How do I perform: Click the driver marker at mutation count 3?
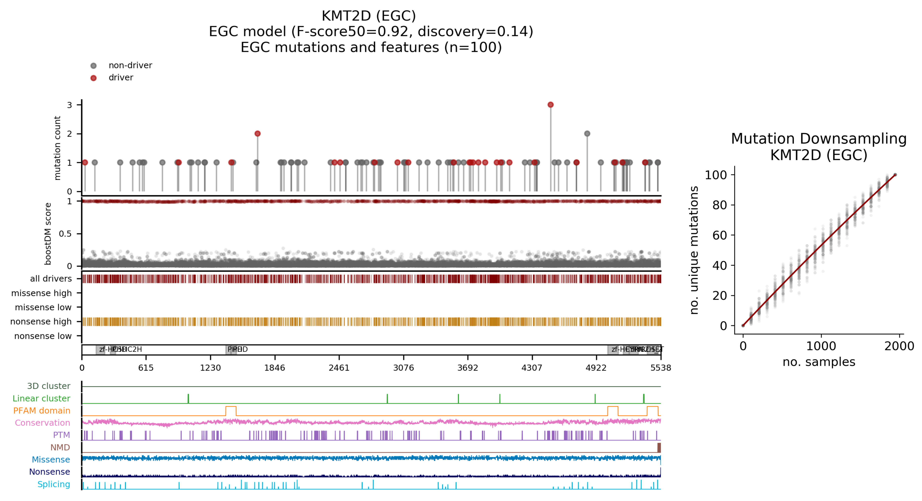[x=550, y=105]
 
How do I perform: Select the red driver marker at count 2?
[x=257, y=134]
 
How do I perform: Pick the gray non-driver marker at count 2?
[x=587, y=134]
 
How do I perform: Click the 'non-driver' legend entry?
[x=130, y=65]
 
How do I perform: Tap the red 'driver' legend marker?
[x=93, y=78]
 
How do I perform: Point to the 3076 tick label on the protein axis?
[x=403, y=368]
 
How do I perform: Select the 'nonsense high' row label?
[x=41, y=322]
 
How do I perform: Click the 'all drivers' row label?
[x=51, y=279]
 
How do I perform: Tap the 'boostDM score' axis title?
[x=48, y=234]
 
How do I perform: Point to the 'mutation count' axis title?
[x=57, y=148]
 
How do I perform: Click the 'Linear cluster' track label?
[x=41, y=399]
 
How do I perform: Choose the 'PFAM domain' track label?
[x=42, y=411]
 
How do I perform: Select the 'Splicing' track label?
[x=54, y=484]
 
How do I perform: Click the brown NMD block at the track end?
[x=659, y=448]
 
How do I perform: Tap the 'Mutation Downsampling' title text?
[x=818, y=139]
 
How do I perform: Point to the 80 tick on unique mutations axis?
[x=719, y=205]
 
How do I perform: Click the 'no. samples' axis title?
[x=818, y=362]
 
